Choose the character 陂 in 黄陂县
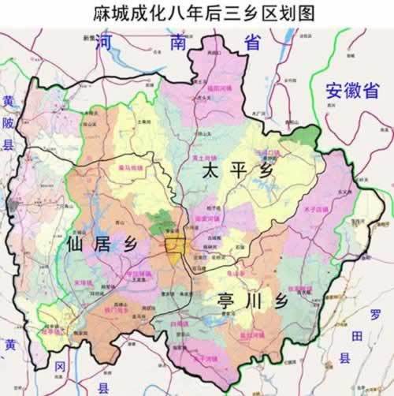tap(9, 123)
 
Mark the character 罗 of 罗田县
tap(375, 315)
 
